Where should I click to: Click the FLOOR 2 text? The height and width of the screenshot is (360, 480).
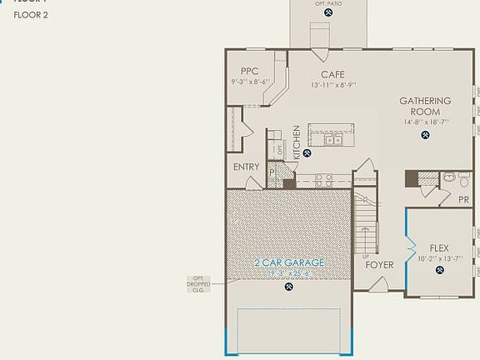(x=31, y=15)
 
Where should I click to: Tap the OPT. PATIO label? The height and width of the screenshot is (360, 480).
(x=327, y=4)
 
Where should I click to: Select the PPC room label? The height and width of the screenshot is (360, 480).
(x=250, y=72)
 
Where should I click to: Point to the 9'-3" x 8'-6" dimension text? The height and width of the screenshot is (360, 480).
(x=250, y=82)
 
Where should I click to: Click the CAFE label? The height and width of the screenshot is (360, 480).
(x=327, y=75)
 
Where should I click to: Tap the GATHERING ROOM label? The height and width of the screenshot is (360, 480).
(x=425, y=107)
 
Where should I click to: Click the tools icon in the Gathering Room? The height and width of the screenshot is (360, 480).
(x=425, y=136)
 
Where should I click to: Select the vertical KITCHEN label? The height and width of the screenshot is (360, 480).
(x=296, y=142)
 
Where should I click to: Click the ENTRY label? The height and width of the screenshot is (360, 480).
(x=247, y=167)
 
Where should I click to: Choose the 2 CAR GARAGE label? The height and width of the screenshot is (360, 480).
(x=289, y=263)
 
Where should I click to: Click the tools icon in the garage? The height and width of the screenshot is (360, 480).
(x=289, y=287)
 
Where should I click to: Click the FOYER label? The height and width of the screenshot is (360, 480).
(x=379, y=265)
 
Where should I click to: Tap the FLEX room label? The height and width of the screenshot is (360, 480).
(x=439, y=248)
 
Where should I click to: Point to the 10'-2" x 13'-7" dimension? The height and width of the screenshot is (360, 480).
(x=439, y=258)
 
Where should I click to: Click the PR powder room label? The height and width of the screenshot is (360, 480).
(x=464, y=200)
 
